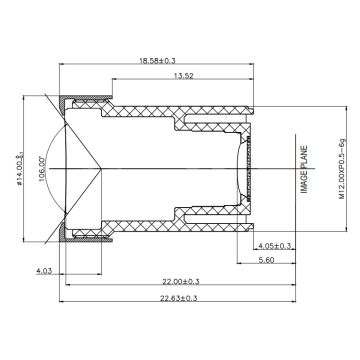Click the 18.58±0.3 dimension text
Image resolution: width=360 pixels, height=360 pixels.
click(x=157, y=61)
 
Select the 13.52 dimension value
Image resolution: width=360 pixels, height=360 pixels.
click(x=183, y=76)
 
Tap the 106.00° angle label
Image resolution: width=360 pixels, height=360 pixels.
click(x=42, y=169)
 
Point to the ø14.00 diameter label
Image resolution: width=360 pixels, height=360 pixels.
click(x=19, y=169)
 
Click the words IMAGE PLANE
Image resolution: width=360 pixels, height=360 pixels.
click(x=304, y=169)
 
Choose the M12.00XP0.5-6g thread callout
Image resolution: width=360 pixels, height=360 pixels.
click(x=342, y=169)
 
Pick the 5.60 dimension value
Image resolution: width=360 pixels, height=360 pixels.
click(x=266, y=260)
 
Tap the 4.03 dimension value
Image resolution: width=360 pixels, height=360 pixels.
click(x=44, y=271)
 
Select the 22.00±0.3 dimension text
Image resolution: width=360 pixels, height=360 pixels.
click(x=181, y=282)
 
